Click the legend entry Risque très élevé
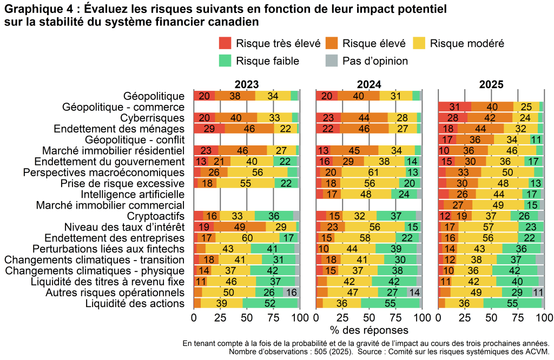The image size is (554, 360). click(270, 43)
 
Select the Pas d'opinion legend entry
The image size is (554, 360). click(366, 61)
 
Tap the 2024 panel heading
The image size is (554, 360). click(368, 84)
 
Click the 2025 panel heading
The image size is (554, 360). click(491, 84)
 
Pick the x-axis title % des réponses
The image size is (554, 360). click(368, 329)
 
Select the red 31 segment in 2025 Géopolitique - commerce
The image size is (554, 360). click(454, 106)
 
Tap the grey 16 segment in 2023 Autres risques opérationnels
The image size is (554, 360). click(291, 292)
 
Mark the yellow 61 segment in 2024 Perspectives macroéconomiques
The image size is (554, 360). click(373, 172)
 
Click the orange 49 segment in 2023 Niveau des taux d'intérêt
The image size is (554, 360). click(240, 226)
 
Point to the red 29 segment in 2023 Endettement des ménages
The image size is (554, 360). click(209, 128)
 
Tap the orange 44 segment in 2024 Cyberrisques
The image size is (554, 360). click(365, 117)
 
